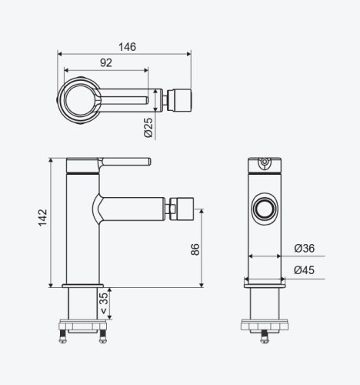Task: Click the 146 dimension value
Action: click(x=127, y=47)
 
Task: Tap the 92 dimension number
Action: click(x=106, y=62)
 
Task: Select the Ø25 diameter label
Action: click(x=148, y=128)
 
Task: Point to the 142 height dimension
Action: click(x=43, y=217)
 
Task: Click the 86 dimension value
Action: click(x=195, y=249)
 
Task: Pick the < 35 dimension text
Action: click(x=104, y=303)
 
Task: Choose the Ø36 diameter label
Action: click(x=305, y=248)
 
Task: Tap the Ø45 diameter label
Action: click(x=304, y=270)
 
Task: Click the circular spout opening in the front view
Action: click(x=265, y=209)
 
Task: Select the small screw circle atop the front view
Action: click(x=265, y=162)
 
